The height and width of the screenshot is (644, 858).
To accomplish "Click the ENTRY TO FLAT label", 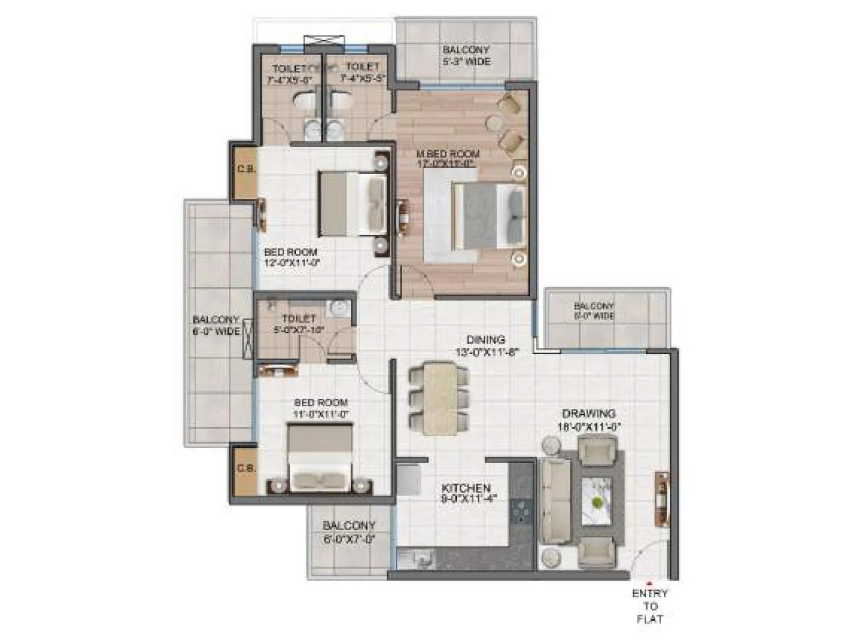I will click(649, 606).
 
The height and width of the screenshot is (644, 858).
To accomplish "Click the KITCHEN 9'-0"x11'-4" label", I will click(465, 493).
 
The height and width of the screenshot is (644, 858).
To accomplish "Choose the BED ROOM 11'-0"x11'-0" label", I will click(321, 408).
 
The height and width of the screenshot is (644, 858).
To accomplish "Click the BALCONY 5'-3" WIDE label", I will click(465, 56).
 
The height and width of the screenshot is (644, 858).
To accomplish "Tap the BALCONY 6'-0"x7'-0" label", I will click(349, 532).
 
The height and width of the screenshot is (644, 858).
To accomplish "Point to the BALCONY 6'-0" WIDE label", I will click(216, 325).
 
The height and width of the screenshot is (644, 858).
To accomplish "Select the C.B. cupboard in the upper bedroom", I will click(246, 169).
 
